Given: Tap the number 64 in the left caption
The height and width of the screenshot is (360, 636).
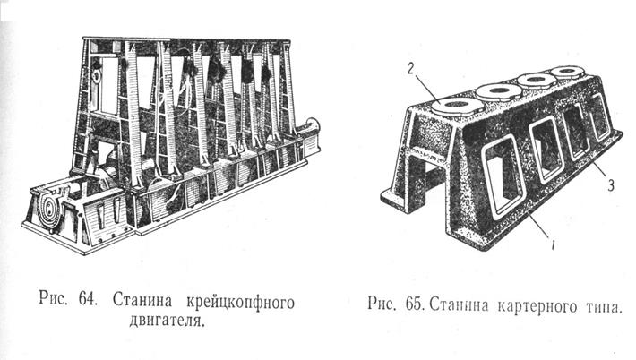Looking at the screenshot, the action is coord(85,299).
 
